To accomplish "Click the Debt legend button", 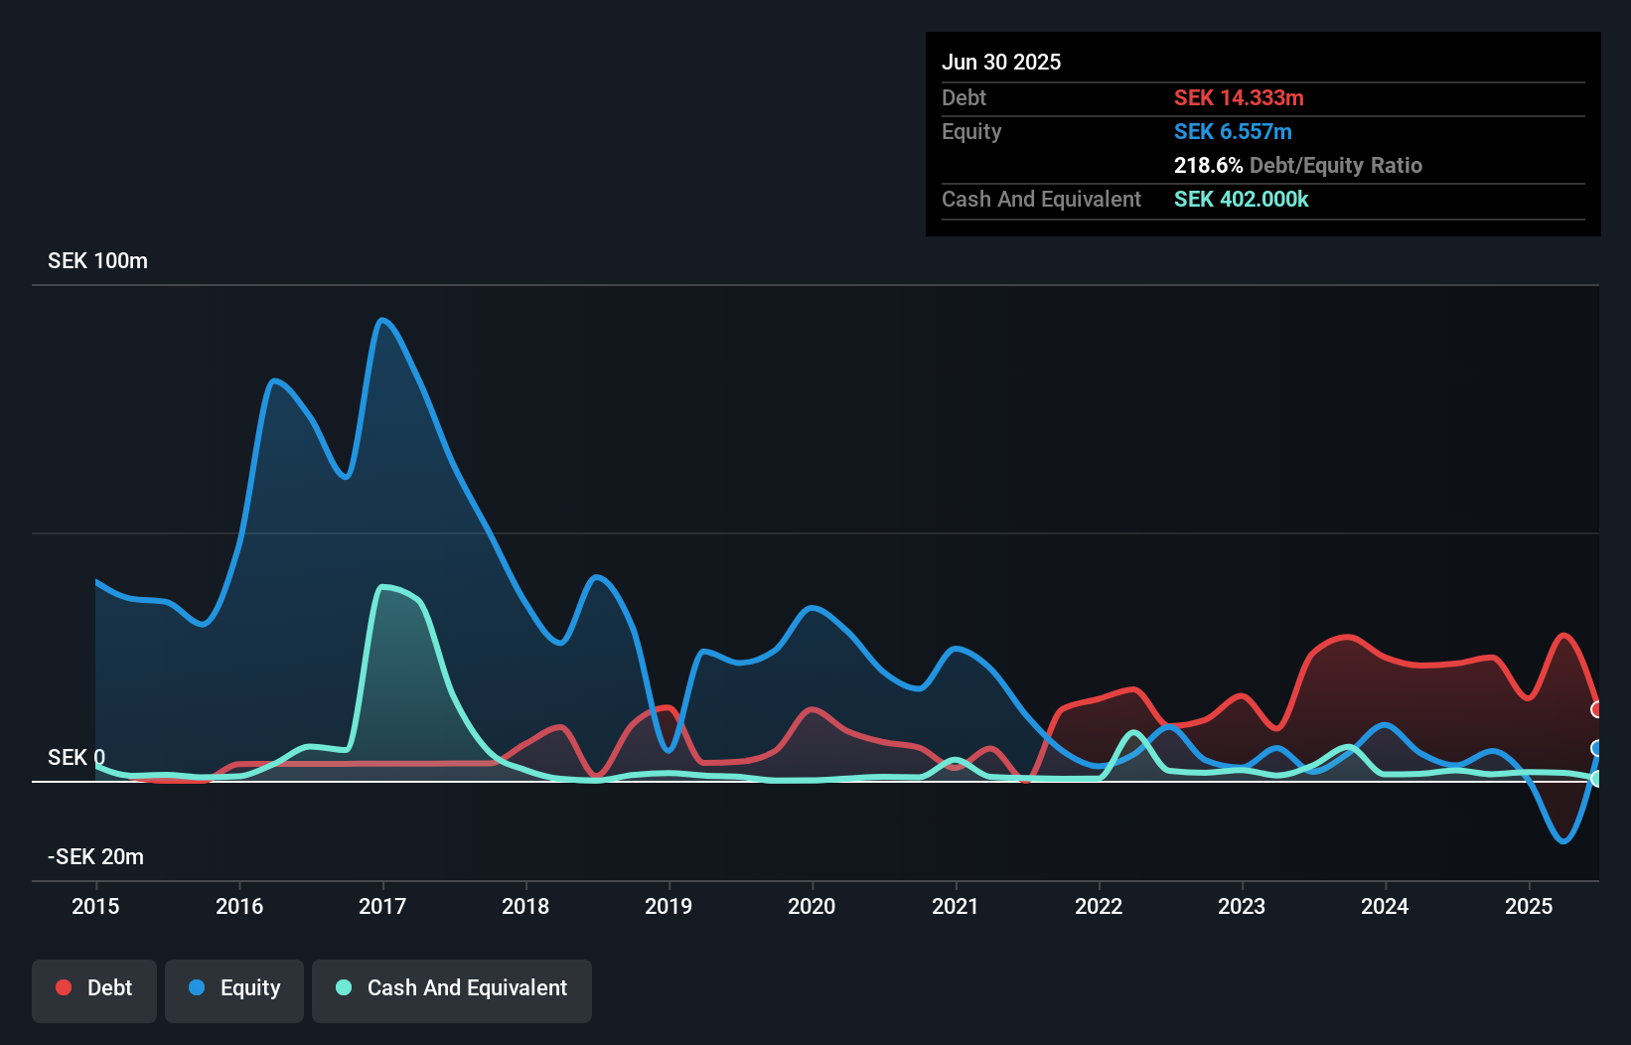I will pyautogui.click(x=94, y=988).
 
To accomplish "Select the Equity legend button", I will pyautogui.click(x=234, y=988).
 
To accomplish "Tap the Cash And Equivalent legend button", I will pyautogui.click(x=452, y=988).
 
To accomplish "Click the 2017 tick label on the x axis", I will pyautogui.click(x=382, y=906).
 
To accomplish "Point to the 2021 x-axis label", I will pyautogui.click(x=956, y=906).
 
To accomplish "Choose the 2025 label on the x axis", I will pyautogui.click(x=1529, y=906).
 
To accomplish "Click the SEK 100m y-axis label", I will pyautogui.click(x=97, y=261).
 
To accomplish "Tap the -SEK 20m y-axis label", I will pyautogui.click(x=96, y=857).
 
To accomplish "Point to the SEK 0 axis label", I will pyautogui.click(x=75, y=758).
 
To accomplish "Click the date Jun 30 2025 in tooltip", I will pyautogui.click(x=1001, y=63).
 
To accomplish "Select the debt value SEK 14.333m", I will pyautogui.click(x=1239, y=98).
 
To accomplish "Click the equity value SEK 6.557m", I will pyautogui.click(x=1233, y=132).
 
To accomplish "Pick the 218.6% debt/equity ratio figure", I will pyautogui.click(x=1208, y=166).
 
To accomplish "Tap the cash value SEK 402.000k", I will pyautogui.click(x=1241, y=200).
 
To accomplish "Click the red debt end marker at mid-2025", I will pyautogui.click(x=1597, y=709).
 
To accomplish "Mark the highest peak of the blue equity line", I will pyautogui.click(x=382, y=320).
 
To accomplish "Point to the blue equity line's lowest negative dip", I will pyautogui.click(x=1562, y=841).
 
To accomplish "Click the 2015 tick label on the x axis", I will pyautogui.click(x=95, y=906).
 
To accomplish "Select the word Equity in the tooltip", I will pyautogui.click(x=971, y=132).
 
